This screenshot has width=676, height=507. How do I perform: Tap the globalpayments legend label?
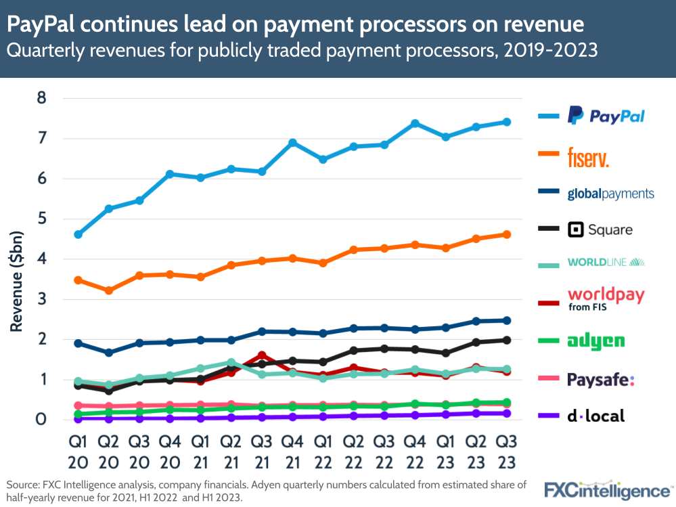tap(610, 194)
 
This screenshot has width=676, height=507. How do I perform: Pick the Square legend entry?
tap(600, 229)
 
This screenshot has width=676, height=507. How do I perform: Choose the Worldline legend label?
tap(606, 262)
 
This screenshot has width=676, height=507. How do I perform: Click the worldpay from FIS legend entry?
tap(605, 299)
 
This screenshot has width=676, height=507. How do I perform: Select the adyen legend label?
tap(595, 340)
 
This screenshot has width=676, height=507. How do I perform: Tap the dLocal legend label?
tap(595, 416)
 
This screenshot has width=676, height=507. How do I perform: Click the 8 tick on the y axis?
tap(41, 98)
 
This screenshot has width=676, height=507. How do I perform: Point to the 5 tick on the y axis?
tap(41, 219)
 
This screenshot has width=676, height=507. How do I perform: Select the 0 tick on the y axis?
tap(41, 420)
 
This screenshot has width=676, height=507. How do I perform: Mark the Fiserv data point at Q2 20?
tap(108, 290)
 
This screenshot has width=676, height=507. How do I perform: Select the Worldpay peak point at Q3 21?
tap(263, 355)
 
